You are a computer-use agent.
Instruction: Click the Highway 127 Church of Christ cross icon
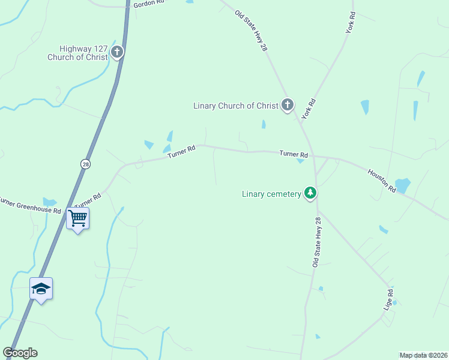click(x=117, y=52)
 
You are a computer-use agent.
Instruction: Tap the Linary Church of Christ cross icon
click(x=288, y=106)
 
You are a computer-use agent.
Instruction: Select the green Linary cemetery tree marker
click(x=310, y=193)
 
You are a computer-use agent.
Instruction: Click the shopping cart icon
click(x=78, y=218)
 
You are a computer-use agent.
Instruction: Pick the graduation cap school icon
click(x=41, y=289)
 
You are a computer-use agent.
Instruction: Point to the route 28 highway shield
click(x=86, y=164)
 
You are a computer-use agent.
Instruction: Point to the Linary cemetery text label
click(x=271, y=194)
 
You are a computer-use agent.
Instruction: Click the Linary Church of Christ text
click(x=236, y=106)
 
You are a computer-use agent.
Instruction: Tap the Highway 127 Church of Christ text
click(x=79, y=53)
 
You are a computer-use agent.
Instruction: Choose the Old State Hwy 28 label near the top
click(x=251, y=31)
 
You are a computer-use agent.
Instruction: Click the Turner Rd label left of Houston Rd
click(x=294, y=154)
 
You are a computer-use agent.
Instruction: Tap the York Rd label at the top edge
click(x=351, y=25)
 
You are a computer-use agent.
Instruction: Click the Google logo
click(x=20, y=353)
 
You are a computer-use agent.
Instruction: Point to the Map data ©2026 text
click(x=424, y=355)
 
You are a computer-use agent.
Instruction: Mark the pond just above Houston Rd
click(x=402, y=185)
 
